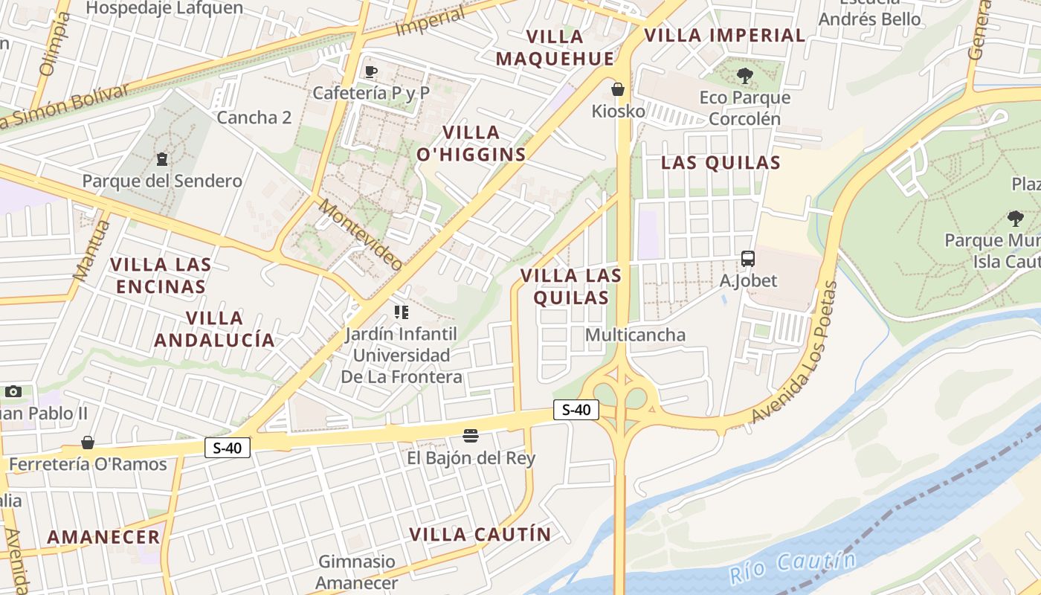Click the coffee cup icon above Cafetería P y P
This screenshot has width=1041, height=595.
coord(370,71)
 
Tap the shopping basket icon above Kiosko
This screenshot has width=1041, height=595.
coord(617,89)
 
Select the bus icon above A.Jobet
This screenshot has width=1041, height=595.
coord(748,259)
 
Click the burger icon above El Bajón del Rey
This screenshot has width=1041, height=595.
coord(470,435)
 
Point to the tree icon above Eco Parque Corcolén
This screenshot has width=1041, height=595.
coord(744,75)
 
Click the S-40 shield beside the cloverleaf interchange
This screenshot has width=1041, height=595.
coord(576,409)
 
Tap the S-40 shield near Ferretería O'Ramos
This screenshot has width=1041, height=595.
coord(228,448)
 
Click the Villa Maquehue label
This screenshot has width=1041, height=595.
coord(555,48)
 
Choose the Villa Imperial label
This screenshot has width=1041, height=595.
coord(724,35)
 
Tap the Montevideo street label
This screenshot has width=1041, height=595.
coord(361,234)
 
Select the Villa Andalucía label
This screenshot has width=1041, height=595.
coord(214,329)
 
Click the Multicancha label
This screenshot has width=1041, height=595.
coord(635,335)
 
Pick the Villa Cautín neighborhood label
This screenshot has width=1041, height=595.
coord(480,534)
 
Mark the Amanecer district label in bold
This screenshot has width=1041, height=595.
coord(103,536)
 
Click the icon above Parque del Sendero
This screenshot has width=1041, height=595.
coord(161,158)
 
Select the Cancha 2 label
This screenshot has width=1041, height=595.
coord(254,118)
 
